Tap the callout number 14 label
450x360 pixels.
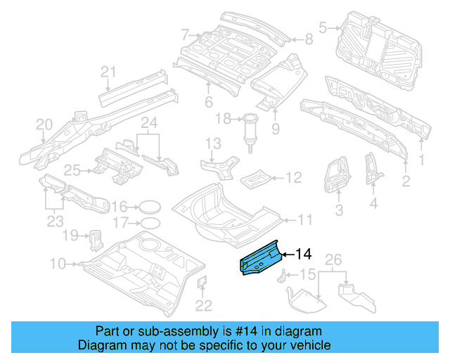[304, 254]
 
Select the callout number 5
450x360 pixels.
[323, 28]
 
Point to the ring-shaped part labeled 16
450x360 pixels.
[148, 207]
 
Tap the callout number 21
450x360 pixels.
[108, 71]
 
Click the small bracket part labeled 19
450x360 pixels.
[95, 238]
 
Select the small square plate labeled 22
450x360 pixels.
[200, 283]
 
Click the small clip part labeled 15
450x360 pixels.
[285, 275]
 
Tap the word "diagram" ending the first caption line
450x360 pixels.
[301, 331]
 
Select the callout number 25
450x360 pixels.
[73, 169]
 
